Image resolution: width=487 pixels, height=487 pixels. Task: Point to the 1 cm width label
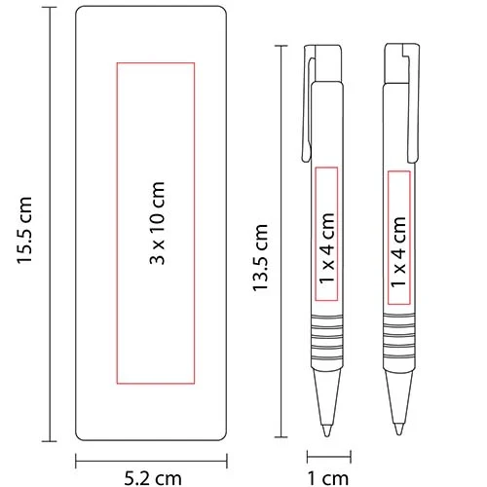click(328, 476)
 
